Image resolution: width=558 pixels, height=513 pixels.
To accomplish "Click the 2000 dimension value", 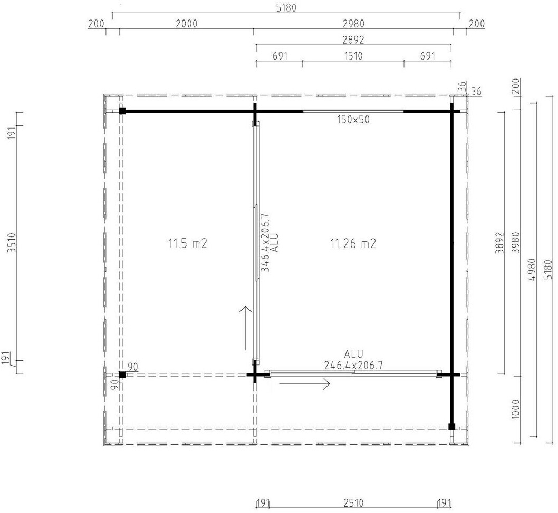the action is [187, 24].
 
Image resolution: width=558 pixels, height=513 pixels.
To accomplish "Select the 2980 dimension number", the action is [353, 24].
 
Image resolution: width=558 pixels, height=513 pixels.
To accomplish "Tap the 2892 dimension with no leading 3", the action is [353, 40].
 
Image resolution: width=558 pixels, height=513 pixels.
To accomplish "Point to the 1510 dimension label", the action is [353, 56].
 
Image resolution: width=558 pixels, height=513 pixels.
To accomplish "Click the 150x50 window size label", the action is [353, 120].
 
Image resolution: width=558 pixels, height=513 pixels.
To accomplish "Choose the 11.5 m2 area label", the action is [188, 243].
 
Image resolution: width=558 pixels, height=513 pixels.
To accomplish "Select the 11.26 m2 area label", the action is [353, 243].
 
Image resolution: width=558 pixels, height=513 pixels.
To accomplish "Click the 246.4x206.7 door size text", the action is [353, 365].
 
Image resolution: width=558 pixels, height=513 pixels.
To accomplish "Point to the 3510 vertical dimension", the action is [13, 243].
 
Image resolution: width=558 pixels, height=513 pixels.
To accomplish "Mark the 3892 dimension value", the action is [501, 243].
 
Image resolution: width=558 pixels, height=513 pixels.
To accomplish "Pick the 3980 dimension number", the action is [516, 243].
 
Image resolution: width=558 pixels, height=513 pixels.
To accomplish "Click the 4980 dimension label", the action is [532, 269].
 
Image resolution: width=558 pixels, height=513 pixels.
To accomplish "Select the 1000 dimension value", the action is [516, 409].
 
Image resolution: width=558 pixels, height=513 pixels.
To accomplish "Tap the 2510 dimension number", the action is [353, 503].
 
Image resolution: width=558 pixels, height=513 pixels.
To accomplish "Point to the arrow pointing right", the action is [304, 383].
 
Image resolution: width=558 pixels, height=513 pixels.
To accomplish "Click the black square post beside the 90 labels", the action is [122, 374].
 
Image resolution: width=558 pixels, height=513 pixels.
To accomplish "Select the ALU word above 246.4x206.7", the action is [354, 354].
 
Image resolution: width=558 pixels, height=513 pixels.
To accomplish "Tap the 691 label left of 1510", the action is [280, 56].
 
